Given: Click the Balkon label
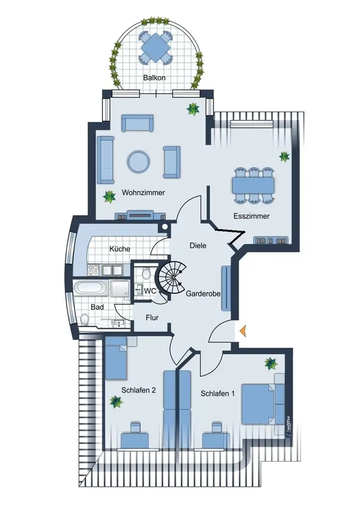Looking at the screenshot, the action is tap(154, 78).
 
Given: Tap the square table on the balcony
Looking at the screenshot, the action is tap(155, 47).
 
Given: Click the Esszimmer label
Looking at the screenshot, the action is tap(251, 216).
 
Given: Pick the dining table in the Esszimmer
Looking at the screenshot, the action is tap(253, 185).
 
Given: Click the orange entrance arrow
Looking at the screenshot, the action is tap(243, 330).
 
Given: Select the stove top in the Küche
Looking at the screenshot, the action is tap(94, 269).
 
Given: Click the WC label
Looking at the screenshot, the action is tap(150, 291).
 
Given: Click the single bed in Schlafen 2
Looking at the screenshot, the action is tap(116, 359).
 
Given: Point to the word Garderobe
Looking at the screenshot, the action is tap(203, 294).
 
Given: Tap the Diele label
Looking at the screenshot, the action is tap(198, 246).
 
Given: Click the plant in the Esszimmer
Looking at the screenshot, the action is tap(284, 157).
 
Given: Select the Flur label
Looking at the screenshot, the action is tap(152, 317).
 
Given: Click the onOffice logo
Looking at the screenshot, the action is tap(288, 426).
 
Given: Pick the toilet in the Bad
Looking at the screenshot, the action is tap(85, 319).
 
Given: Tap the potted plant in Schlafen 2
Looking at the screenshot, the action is tap(116, 401).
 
